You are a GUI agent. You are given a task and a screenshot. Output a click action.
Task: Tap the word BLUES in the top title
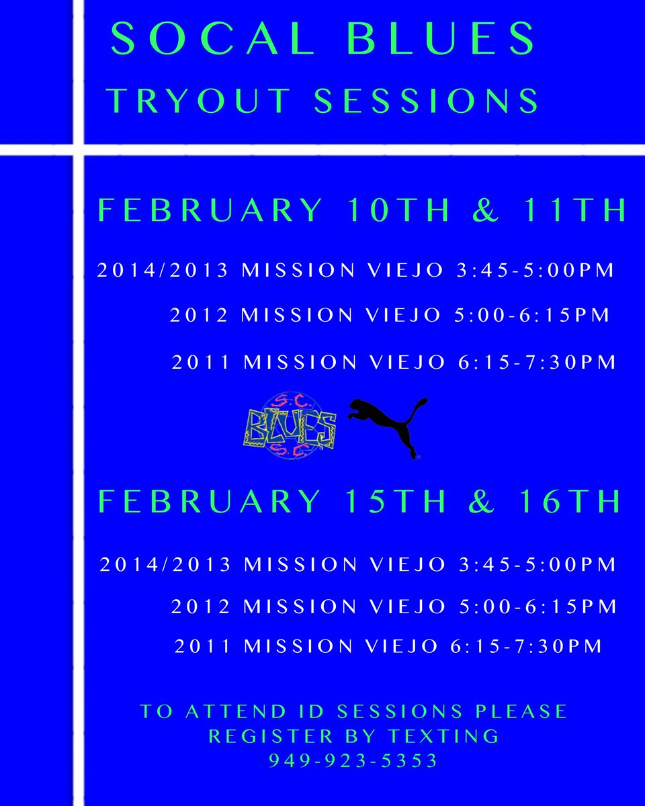coord(442,40)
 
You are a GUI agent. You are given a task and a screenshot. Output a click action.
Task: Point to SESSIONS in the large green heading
coord(427,100)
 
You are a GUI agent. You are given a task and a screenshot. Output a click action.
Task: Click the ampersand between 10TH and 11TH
coord(485,210)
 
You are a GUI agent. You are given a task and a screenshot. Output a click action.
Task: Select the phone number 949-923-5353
coord(353,761)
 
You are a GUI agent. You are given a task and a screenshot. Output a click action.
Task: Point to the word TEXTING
coord(444,736)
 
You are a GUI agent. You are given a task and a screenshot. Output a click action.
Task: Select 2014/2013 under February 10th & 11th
coord(164,271)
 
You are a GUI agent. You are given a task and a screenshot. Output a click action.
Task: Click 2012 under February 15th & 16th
coord(200,607)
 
